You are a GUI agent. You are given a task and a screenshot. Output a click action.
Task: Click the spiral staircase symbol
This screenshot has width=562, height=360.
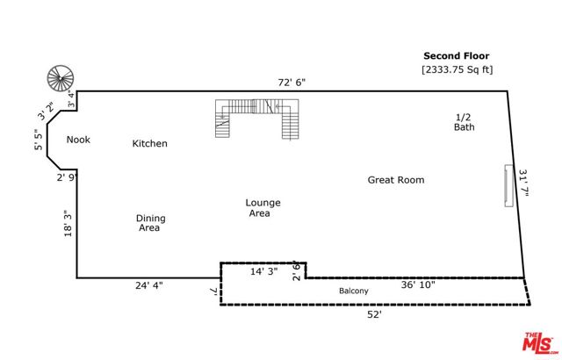[61, 77]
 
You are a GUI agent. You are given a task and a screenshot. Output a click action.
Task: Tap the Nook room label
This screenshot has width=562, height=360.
[78, 140]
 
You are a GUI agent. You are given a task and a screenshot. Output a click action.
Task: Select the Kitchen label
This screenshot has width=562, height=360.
[149, 143]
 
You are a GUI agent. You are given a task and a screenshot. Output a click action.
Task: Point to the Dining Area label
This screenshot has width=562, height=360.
[150, 223]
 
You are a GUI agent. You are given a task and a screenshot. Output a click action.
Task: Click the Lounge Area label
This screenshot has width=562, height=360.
[263, 208]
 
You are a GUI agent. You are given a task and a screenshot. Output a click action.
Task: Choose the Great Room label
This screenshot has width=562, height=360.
[395, 180]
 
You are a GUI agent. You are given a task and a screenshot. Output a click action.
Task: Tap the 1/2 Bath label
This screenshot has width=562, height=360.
[465, 122]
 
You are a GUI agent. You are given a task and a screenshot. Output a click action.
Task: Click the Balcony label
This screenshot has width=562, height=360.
[354, 292]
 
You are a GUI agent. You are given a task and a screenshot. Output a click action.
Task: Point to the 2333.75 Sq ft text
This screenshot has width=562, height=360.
[458, 69]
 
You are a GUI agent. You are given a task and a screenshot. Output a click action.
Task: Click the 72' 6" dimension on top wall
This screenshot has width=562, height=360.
[292, 82]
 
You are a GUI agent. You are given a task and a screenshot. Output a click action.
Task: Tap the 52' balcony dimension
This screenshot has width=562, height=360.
[375, 313]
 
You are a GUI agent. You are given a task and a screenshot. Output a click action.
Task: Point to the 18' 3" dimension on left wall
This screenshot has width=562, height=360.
[65, 225]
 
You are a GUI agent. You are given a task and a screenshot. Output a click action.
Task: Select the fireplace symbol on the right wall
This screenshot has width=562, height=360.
[508, 185]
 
